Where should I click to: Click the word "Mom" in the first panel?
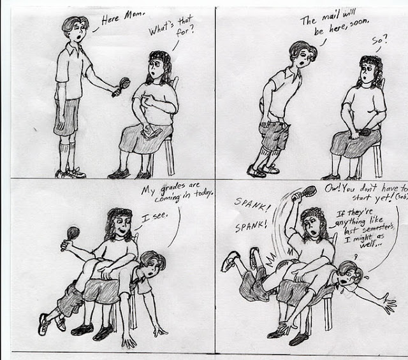133,15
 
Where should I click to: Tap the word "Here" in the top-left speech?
110,20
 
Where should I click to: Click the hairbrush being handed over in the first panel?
122,87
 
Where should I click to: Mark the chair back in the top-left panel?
175,83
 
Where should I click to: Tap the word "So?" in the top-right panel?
379,40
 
